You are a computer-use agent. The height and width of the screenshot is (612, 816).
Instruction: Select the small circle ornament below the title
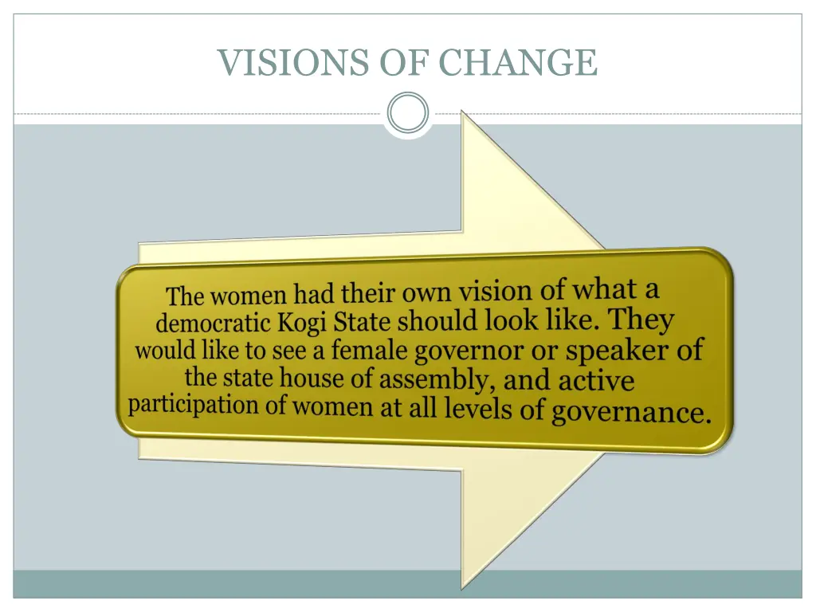point(407,113)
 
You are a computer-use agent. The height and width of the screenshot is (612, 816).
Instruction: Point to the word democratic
point(214,324)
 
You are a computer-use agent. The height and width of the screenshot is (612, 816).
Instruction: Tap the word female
point(370,350)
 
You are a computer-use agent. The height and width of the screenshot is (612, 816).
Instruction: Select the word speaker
point(618,350)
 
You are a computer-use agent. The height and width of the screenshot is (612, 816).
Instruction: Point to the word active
point(596,380)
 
